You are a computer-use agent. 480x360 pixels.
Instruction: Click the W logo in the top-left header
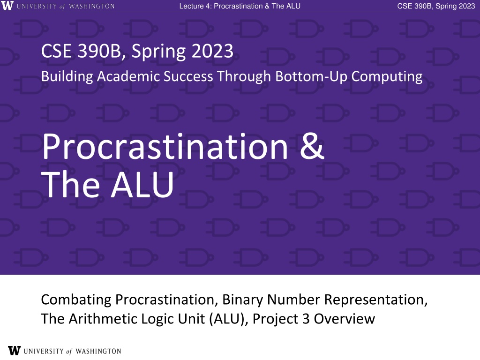pyautogui.click(x=7, y=6)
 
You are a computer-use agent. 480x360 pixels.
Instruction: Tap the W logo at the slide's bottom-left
pyautogui.click(x=14, y=351)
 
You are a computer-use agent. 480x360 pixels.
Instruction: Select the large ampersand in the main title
pyautogui.click(x=312, y=146)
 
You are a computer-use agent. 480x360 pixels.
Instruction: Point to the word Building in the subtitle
pyautogui.click(x=67, y=76)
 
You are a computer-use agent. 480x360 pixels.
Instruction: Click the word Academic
pyautogui.click(x=128, y=76)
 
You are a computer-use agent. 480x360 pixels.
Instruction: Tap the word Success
pyautogui.click(x=188, y=76)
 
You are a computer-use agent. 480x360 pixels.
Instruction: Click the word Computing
pyautogui.click(x=387, y=77)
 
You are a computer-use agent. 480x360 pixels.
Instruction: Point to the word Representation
pyautogui.click(x=376, y=300)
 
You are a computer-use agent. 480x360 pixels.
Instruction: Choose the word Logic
pyautogui.click(x=157, y=319)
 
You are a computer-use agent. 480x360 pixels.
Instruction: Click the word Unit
pyautogui.click(x=192, y=319)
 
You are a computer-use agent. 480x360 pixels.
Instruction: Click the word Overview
pyautogui.click(x=345, y=319)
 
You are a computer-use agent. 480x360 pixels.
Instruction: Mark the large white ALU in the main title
pyautogui.click(x=142, y=185)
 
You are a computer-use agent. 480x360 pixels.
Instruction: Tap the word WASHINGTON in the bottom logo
pyautogui.click(x=98, y=351)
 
